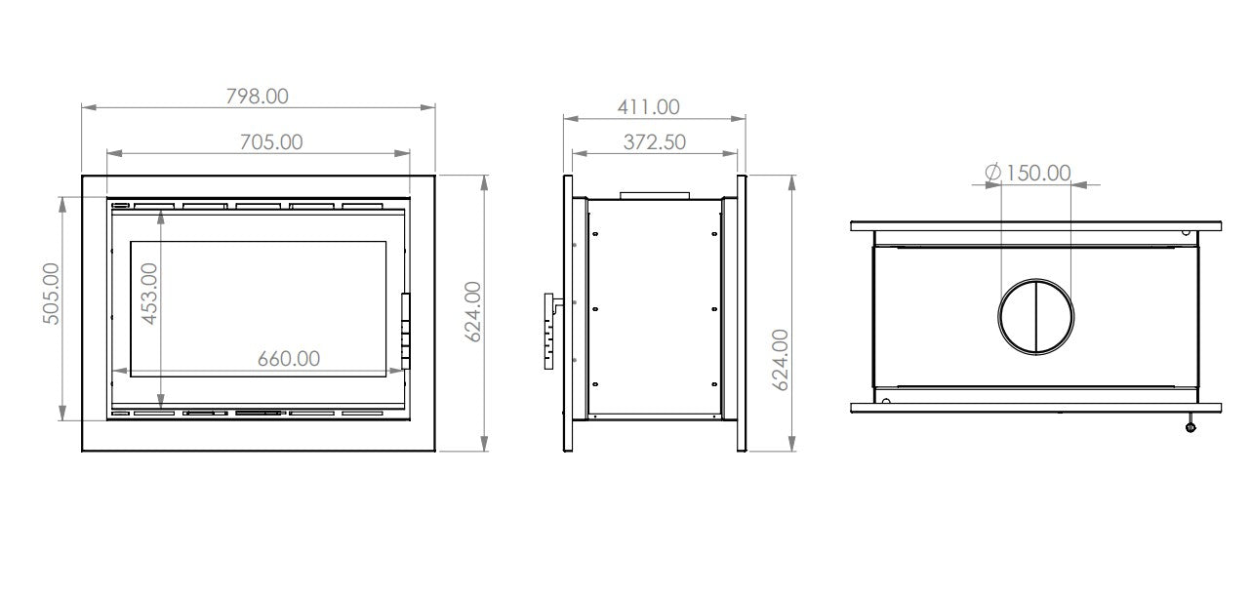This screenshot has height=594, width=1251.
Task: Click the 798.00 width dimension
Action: pyautogui.click(x=258, y=97)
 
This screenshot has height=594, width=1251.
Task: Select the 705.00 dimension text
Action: pyautogui.click(x=271, y=142)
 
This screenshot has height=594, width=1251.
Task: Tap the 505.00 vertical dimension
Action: pyautogui.click(x=52, y=294)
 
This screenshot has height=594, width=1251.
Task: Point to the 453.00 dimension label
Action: pyautogui.click(x=149, y=294)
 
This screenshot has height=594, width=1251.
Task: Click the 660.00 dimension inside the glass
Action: pyautogui.click(x=289, y=358)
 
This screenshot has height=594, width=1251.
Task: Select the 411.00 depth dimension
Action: pyautogui.click(x=648, y=107)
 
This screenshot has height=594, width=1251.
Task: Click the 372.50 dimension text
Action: pyautogui.click(x=655, y=142)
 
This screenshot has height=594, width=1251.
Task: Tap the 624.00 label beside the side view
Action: pyautogui.click(x=781, y=360)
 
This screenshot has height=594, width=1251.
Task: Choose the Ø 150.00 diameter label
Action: pyautogui.click(x=1028, y=173)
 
